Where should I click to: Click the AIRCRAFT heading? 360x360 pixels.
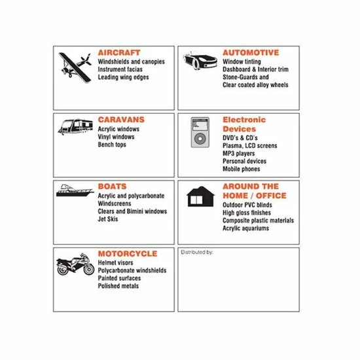[x=119, y=52]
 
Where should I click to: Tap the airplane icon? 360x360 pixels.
[x=75, y=67]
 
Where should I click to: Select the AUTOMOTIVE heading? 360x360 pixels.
[x=251, y=52]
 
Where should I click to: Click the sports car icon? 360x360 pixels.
[x=200, y=61]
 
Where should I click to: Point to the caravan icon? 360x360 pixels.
[x=75, y=126]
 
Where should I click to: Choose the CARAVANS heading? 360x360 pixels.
[x=121, y=120]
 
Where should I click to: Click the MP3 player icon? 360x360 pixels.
[x=200, y=132]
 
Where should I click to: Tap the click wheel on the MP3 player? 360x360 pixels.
[x=200, y=139]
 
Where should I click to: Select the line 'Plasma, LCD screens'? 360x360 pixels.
[x=250, y=146]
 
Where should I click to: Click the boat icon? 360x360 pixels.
[x=75, y=190]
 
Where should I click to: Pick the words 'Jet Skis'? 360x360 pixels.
[x=108, y=219]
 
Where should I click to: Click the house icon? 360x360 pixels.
[x=201, y=196]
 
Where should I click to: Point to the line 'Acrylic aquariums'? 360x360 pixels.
[x=245, y=228]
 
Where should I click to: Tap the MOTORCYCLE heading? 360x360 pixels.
[x=128, y=254]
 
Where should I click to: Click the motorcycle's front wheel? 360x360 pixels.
[x=89, y=269]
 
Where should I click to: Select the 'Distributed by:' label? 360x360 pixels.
[x=197, y=252]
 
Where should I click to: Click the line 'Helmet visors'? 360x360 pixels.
[x=115, y=262]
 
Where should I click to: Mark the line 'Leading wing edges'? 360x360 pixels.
[x=123, y=77]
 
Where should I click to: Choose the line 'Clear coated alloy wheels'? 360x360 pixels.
[x=255, y=85]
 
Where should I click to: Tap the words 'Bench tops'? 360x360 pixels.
[x=112, y=145]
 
